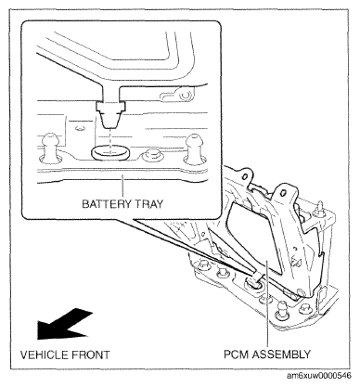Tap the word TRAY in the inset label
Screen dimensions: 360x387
pos(148,204)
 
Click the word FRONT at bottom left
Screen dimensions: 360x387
pos(91,355)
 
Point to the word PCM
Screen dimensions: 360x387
pos(237,354)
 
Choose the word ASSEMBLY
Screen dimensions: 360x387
pos(281,354)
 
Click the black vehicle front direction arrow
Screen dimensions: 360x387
pos(63,324)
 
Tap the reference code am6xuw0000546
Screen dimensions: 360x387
pos(319,376)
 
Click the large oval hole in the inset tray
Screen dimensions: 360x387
pos(110,153)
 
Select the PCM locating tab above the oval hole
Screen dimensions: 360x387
pos(110,114)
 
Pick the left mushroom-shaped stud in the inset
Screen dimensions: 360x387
pos(49,148)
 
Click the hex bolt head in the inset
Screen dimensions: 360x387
pos(152,154)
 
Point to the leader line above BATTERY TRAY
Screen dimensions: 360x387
pos(122,187)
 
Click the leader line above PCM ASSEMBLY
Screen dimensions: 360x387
pos(267,304)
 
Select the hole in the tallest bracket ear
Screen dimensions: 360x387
pos(283,193)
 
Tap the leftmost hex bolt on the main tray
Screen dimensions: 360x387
pos(203,264)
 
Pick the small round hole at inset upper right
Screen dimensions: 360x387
pos(185,96)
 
